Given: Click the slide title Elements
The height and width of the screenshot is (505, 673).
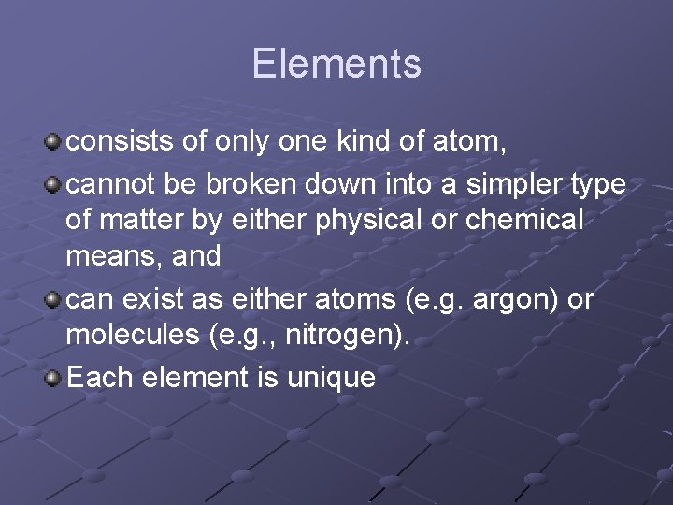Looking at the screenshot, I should (336, 64).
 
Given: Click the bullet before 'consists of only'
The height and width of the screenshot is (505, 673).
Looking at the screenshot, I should (54, 143).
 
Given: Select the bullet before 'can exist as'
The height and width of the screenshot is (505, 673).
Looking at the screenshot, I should (54, 300).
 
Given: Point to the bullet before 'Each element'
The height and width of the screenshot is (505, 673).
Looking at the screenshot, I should (54, 377).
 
